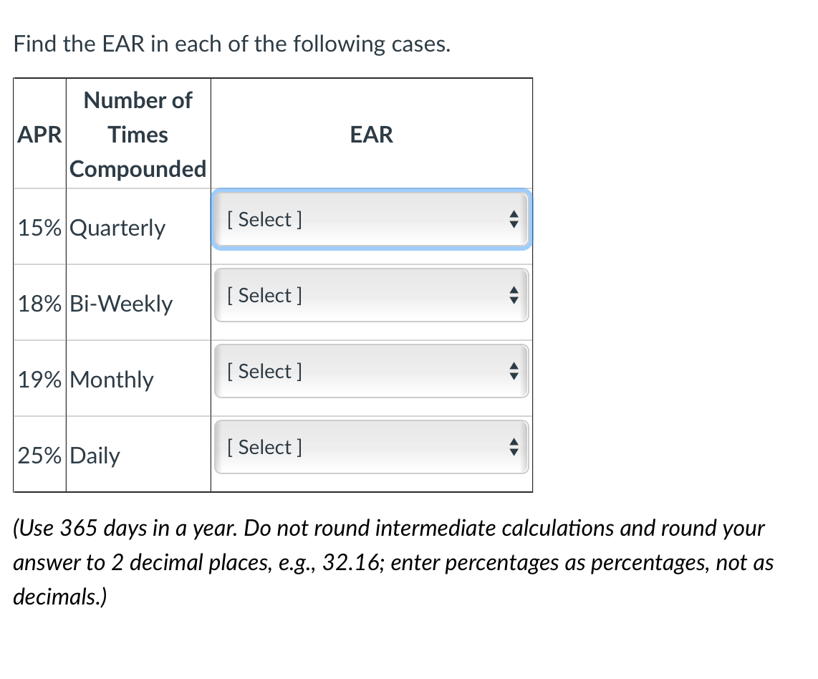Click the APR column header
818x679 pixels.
point(39,135)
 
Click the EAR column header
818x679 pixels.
point(372,135)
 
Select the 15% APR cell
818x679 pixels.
point(39,228)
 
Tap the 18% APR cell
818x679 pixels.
point(39,304)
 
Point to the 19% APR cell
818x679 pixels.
point(39,380)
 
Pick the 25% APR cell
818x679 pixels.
point(39,456)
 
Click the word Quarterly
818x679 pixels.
point(118,228)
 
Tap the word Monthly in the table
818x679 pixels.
point(112,380)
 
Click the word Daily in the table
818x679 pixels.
point(95,456)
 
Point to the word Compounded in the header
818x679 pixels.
point(138,170)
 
